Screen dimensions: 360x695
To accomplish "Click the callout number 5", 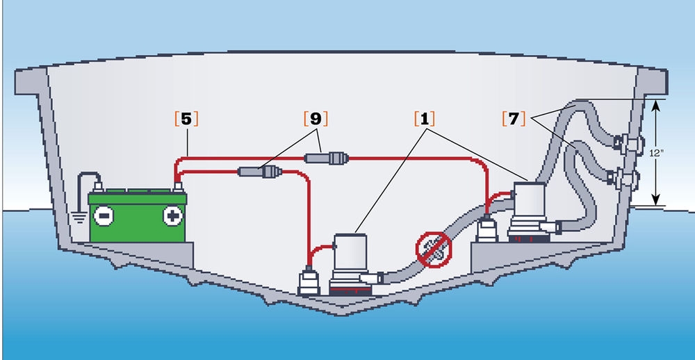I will point(186,118).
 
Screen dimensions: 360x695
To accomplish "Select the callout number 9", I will point(316,118).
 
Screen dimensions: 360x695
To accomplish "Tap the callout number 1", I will point(424,118).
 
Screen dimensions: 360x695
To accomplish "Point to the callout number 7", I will point(512,118).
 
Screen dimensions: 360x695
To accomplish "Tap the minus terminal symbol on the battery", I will point(103,216).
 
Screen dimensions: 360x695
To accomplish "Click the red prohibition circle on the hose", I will point(434,251).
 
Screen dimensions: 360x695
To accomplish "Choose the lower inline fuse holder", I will point(259,170).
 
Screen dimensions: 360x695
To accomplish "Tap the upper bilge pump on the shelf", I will point(532,205).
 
